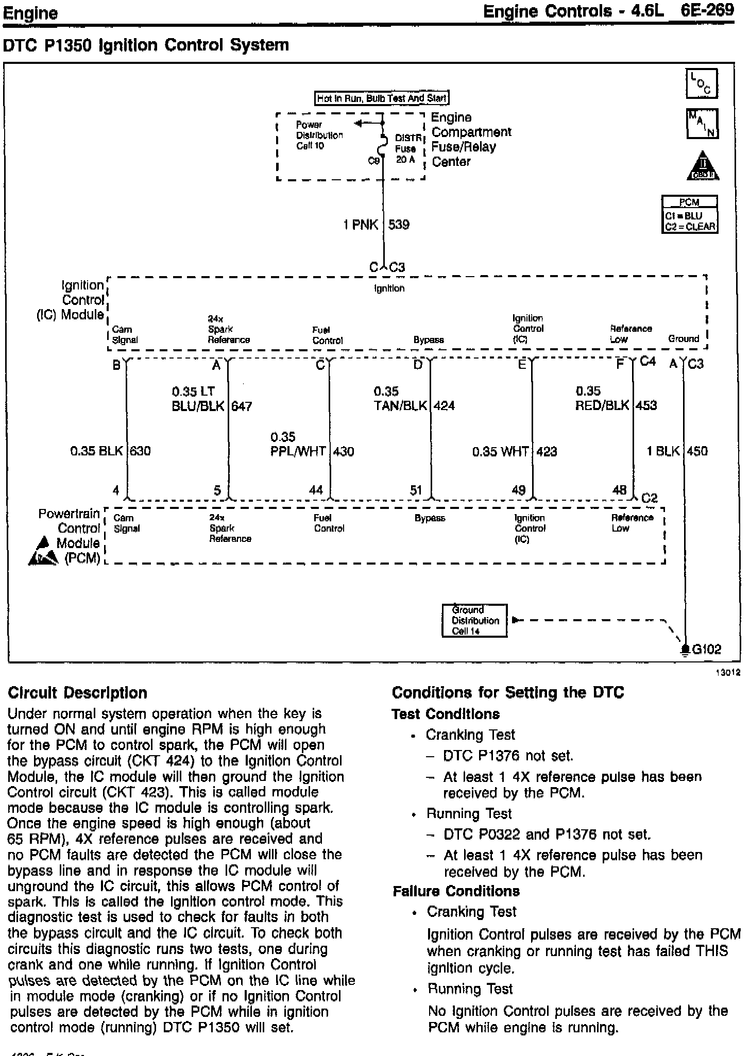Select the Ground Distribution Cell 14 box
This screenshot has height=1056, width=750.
474,620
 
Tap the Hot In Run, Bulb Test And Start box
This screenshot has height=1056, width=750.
382,98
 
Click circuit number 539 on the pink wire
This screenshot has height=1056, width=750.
399,225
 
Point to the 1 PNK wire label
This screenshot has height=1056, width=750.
361,225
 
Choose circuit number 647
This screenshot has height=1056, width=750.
242,406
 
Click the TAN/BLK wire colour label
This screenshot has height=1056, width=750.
400,406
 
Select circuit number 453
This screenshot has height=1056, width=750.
646,405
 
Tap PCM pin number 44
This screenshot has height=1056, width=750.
316,490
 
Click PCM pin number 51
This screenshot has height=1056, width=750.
416,490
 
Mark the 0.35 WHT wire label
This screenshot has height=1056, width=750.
500,452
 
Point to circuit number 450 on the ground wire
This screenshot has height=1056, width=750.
697,451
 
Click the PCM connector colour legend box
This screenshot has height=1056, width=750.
689,215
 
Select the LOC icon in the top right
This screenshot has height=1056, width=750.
702,83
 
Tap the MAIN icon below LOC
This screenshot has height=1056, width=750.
702,124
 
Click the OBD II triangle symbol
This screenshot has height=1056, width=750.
703,166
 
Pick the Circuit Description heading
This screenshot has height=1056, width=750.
77,693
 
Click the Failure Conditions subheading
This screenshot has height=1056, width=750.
456,891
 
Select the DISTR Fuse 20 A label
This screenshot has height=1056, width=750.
407,149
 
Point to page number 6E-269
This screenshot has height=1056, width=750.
707,11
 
